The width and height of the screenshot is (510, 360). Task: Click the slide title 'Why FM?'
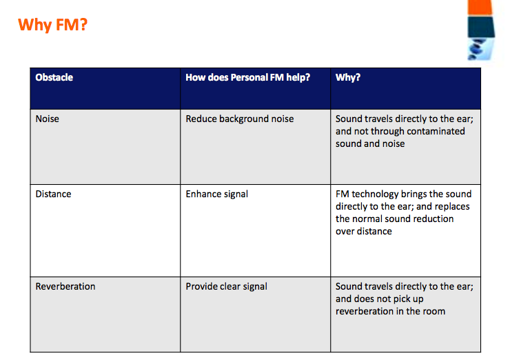pyautogui.click(x=52, y=25)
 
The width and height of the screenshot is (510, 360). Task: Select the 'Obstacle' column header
pyautogui.click(x=54, y=77)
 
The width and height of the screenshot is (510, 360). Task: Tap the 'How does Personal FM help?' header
pyautogui.click(x=248, y=77)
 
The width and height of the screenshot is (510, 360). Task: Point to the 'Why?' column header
pyautogui.click(x=348, y=77)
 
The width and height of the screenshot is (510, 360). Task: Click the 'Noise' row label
pyautogui.click(x=48, y=119)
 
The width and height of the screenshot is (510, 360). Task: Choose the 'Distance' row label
pyautogui.click(x=53, y=194)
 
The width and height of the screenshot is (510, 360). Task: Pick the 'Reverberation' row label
pyautogui.click(x=65, y=286)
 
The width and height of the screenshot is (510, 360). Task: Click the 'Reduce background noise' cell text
pyautogui.click(x=240, y=119)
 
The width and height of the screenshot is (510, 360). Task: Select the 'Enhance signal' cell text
pyautogui.click(x=217, y=194)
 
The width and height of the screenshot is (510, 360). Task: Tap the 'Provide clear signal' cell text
pyautogui.click(x=226, y=287)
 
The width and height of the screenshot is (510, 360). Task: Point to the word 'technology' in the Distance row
pyautogui.click(x=375, y=194)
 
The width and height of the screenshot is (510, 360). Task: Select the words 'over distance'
pyautogui.click(x=364, y=232)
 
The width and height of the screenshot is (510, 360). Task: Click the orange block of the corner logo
pyautogui.click(x=480, y=7)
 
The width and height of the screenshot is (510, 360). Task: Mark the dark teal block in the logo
pyautogui.click(x=481, y=28)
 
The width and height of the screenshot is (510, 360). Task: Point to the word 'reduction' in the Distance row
pyautogui.click(x=434, y=219)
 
